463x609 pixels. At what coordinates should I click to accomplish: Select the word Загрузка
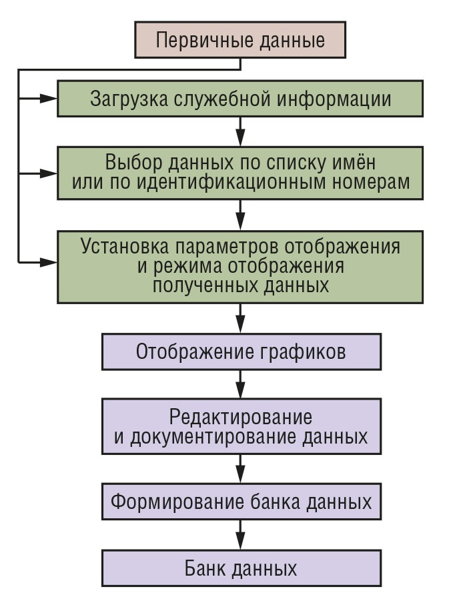(129, 99)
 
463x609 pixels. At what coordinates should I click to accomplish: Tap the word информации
(334, 99)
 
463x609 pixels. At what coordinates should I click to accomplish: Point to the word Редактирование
(241, 418)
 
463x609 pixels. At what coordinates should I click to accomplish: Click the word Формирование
(177, 502)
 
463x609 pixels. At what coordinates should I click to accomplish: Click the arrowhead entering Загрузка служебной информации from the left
(49, 99)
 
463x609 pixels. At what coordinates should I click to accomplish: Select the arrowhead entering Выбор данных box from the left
(49, 173)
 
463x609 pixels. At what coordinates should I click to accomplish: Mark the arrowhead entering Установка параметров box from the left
(49, 263)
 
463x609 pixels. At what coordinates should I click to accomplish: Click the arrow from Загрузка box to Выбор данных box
(240, 131)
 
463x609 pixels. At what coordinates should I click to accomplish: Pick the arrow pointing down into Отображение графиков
(240, 318)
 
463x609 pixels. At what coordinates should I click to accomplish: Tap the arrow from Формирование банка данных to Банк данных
(240, 535)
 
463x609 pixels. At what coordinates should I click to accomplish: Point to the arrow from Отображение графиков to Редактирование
(240, 384)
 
